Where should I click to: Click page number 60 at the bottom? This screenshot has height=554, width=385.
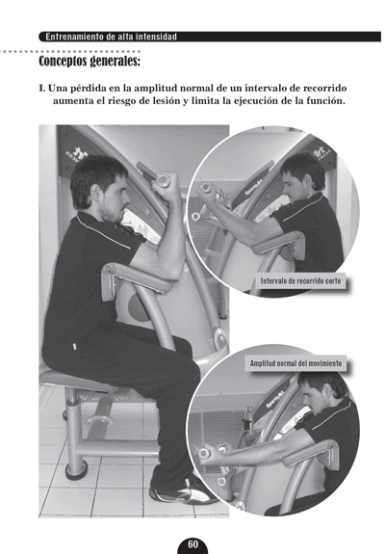click(193, 544)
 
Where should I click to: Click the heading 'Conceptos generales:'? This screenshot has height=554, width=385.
click(90, 61)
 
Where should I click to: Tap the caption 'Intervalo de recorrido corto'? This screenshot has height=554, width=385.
click(300, 281)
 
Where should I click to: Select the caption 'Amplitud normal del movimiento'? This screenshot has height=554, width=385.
click(295, 363)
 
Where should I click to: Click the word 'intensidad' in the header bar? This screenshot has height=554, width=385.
click(156, 37)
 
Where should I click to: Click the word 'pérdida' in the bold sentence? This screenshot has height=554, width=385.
click(82, 88)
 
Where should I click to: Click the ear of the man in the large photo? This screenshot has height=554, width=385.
click(94, 192)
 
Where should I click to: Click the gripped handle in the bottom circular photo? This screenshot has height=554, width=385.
click(205, 452)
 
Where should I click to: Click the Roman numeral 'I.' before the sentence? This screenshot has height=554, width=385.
click(42, 88)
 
